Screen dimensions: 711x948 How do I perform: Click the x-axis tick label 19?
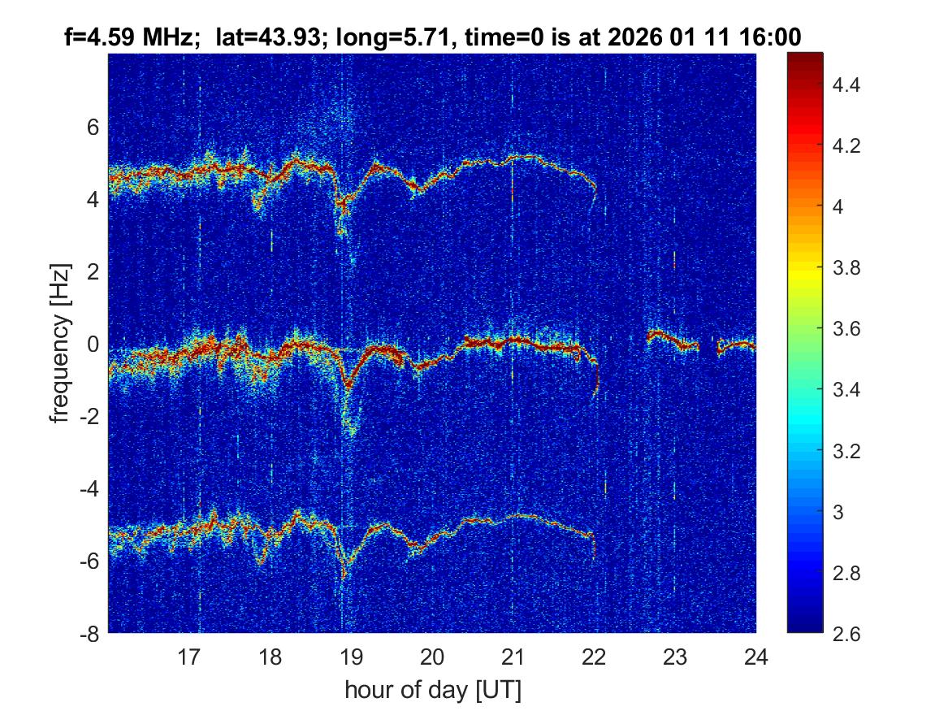(351, 657)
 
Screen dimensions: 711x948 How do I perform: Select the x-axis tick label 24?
(755, 657)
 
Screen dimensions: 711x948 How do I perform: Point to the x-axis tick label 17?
(189, 657)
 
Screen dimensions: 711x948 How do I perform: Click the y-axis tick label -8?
(89, 633)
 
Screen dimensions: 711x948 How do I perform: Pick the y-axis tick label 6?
(93, 127)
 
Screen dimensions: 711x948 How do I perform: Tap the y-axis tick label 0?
(93, 344)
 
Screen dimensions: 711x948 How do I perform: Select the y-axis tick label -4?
(89, 488)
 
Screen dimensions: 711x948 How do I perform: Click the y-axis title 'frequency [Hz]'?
(59, 343)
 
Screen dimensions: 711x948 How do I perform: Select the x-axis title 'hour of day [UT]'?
(432, 691)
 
